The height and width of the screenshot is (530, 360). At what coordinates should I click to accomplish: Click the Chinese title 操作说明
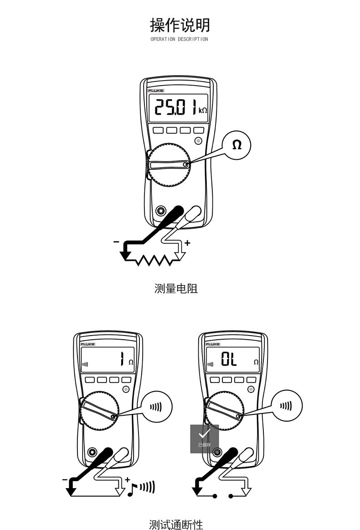click(180, 25)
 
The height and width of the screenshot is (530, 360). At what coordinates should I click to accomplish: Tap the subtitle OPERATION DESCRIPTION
click(179, 39)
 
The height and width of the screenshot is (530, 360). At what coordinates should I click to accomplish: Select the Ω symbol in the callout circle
click(237, 145)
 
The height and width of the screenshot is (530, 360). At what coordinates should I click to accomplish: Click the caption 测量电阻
click(176, 288)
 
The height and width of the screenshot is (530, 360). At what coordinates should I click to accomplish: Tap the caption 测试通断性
click(176, 525)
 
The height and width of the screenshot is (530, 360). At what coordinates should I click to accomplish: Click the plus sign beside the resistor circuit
click(187, 243)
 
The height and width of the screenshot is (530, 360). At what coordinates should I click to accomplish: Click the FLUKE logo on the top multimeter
click(155, 91)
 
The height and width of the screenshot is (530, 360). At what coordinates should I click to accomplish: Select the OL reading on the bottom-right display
click(229, 360)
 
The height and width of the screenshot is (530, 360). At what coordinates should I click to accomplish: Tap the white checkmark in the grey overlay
click(204, 434)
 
